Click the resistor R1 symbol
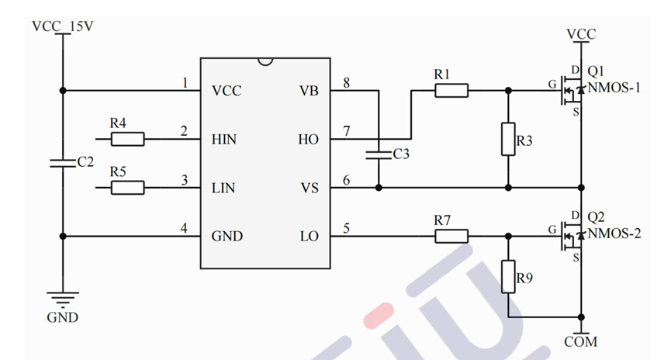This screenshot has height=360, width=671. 451,91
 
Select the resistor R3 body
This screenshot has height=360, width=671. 508,139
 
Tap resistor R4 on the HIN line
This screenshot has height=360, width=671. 127,140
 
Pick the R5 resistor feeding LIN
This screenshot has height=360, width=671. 127,188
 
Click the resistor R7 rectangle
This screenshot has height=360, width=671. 451,236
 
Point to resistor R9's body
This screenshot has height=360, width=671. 508,276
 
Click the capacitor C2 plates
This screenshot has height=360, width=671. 63,163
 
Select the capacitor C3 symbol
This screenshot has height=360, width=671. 379,153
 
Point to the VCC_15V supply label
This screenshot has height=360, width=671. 63,28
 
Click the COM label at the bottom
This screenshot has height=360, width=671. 581,342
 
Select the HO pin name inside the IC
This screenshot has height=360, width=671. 308,140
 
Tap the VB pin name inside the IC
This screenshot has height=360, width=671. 309,91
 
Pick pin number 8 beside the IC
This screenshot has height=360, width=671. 346,82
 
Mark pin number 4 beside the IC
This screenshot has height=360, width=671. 184,228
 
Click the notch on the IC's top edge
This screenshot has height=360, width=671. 265,61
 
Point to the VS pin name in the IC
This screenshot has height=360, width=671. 309,188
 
